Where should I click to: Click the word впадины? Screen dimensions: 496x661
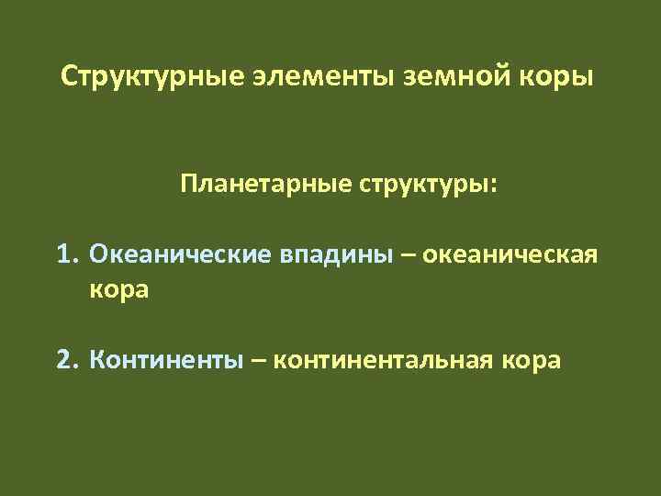(x=333, y=254)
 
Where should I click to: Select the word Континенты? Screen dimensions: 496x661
(x=167, y=359)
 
